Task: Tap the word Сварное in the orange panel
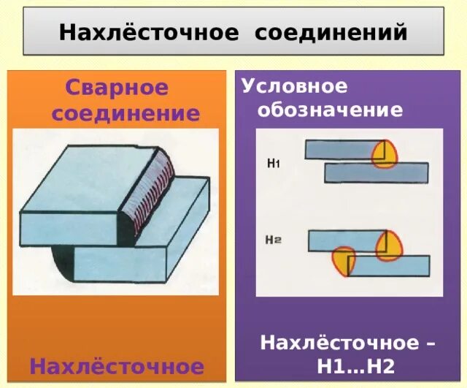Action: [x=117, y=88]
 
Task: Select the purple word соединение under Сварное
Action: [x=125, y=113]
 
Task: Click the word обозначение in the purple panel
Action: [x=322, y=110]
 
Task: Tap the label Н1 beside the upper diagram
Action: [x=274, y=163]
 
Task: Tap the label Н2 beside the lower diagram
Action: [x=274, y=238]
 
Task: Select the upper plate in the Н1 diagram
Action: [x=339, y=149]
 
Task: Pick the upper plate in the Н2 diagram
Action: [x=343, y=240]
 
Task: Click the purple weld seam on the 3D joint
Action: [x=156, y=182]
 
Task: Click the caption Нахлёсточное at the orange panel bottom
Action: [x=116, y=365]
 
